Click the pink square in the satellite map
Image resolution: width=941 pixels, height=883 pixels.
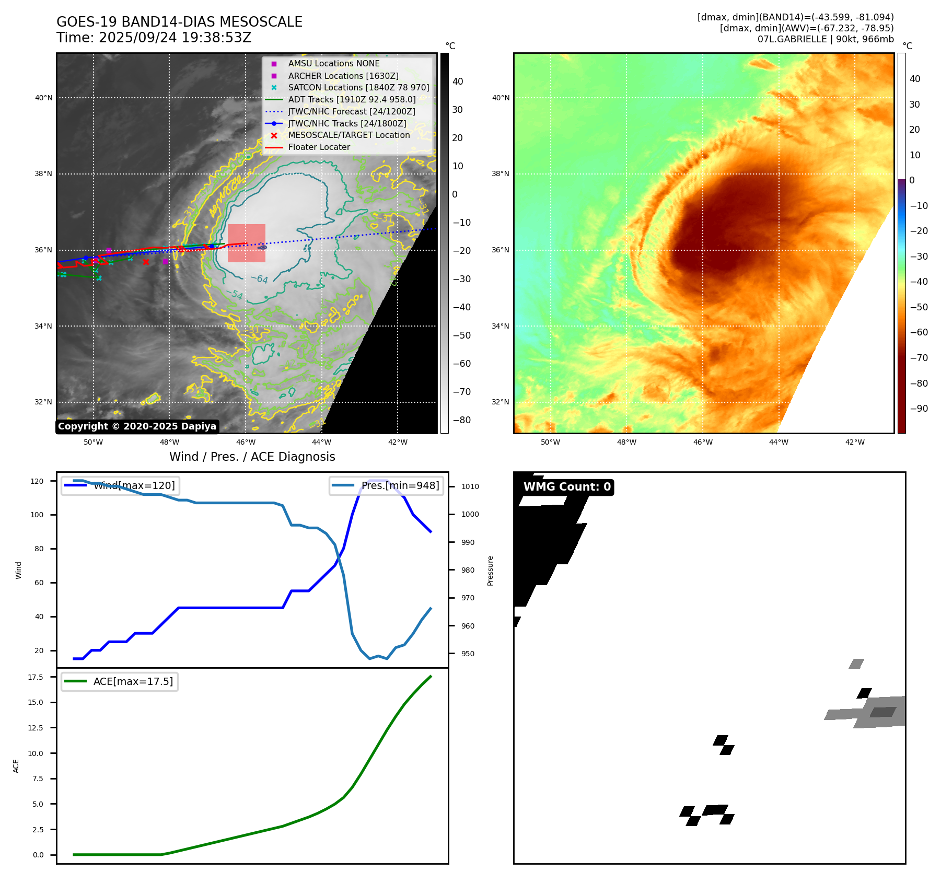pos(246,243)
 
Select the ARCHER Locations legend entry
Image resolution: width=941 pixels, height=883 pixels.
pos(343,76)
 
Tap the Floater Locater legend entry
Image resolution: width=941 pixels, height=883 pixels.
pos(319,147)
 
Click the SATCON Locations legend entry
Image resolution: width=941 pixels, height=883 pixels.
pos(358,87)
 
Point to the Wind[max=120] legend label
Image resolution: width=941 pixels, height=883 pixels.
pos(134,485)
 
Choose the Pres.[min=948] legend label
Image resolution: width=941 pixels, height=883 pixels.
pos(400,485)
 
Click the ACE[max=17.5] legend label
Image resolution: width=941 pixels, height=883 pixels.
pos(133,681)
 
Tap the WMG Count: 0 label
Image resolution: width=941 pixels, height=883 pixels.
pos(567,487)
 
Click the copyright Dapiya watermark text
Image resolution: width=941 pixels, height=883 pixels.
pos(137,426)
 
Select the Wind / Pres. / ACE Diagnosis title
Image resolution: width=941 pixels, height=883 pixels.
pos(252,457)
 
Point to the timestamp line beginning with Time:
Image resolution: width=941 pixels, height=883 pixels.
pos(154,38)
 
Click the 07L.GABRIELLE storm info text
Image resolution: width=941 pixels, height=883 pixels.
pos(825,39)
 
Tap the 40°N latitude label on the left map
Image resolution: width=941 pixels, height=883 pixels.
pos(43,98)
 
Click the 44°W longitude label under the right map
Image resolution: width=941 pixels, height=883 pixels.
pos(779,442)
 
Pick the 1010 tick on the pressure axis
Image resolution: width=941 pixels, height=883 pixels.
pos(470,486)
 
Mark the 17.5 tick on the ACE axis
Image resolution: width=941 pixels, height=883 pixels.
pos(36,677)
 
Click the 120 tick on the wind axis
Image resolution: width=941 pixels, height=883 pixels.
pos(37,481)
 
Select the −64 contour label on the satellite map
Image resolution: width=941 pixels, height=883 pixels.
pos(259,279)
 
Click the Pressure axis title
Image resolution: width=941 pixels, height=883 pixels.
pos(490,571)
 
